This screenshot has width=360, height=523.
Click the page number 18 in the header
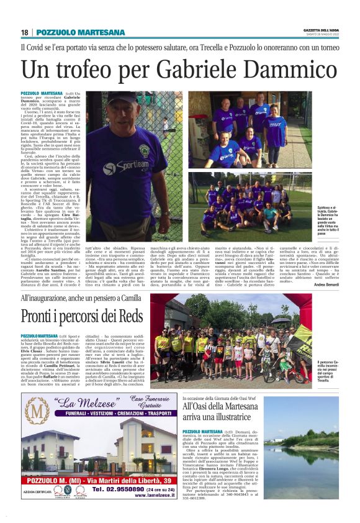pyautogui.click(x=25, y=32)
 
